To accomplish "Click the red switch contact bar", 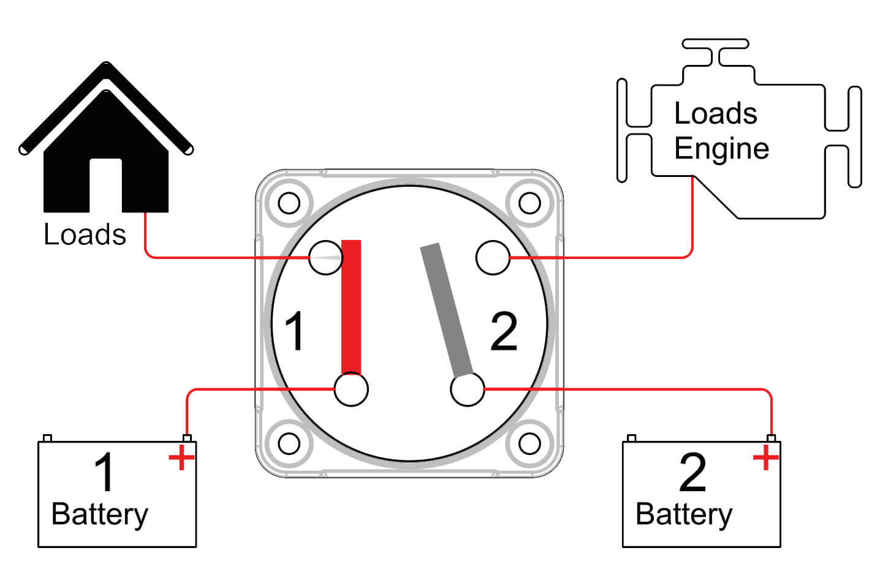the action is click(351, 307).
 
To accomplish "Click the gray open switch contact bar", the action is click(447, 310).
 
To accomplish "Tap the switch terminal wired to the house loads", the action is click(325, 257).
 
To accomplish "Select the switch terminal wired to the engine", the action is click(493, 257).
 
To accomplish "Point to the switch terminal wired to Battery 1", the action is click(351, 389).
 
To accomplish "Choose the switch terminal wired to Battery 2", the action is click(468, 389).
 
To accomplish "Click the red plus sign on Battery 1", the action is click(181, 457).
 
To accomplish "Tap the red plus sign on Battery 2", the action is click(765, 457).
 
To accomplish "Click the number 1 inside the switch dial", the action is click(294, 331).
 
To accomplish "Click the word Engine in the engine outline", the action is click(722, 149).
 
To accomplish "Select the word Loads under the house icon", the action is click(85, 235).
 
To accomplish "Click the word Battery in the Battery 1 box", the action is click(100, 515).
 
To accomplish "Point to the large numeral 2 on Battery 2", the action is click(692, 472).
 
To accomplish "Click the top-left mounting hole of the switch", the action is click(289, 203).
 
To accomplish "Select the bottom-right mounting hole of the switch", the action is click(529, 443).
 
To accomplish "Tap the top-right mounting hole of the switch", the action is click(529, 203).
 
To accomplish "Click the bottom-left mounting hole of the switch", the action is click(289, 443).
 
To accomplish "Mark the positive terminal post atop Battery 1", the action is click(188, 438).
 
